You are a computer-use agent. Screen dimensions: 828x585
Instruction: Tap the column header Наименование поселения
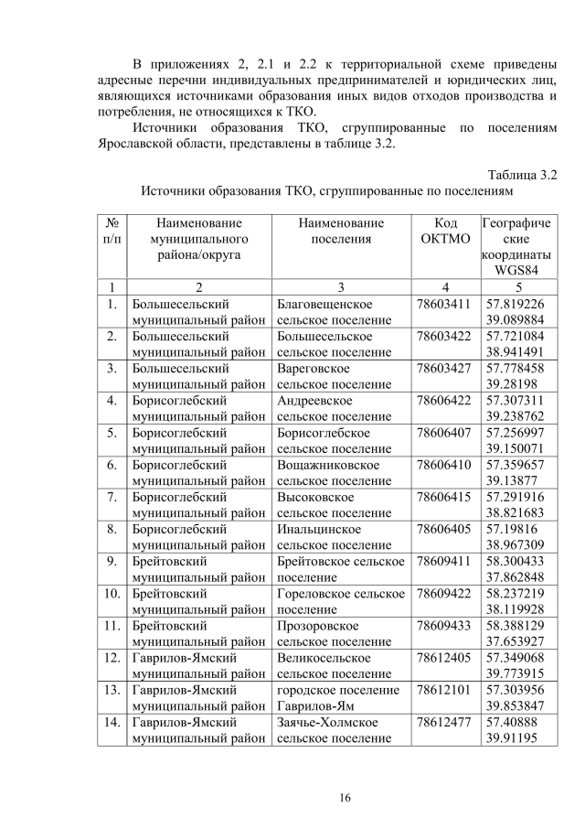click(x=340, y=231)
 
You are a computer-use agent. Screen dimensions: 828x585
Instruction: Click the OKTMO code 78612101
click(x=442, y=689)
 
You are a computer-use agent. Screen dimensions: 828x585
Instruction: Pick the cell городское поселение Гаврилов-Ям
click(x=340, y=697)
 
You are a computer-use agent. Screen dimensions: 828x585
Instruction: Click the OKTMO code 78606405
click(x=442, y=528)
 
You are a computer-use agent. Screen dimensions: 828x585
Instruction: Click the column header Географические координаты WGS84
click(x=516, y=246)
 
